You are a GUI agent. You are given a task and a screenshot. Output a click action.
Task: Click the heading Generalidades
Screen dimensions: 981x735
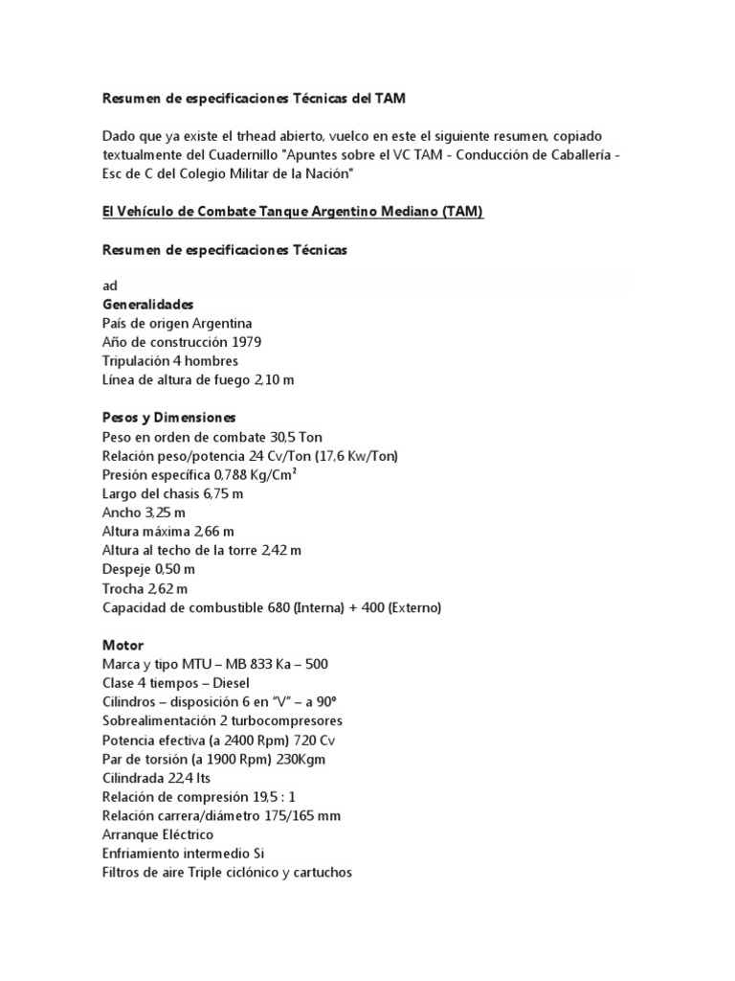tap(147, 304)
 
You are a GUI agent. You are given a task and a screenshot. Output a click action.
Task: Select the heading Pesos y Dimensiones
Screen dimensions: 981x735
tap(169, 418)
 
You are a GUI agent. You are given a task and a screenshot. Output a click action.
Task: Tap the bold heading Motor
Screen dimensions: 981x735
tap(122, 646)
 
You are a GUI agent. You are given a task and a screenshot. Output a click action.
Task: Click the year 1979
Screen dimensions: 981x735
tap(245, 342)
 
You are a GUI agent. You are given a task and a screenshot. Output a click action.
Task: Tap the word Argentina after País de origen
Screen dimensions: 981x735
tap(222, 323)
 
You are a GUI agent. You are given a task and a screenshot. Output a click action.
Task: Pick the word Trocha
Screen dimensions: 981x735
tap(122, 588)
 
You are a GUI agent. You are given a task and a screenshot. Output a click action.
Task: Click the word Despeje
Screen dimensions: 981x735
tap(126, 569)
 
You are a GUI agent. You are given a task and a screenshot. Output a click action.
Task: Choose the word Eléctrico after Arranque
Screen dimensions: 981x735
tap(182, 835)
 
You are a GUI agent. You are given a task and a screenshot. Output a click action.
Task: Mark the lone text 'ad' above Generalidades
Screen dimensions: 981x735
tap(110, 285)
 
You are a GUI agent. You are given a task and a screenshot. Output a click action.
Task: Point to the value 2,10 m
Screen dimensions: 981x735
tap(274, 380)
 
